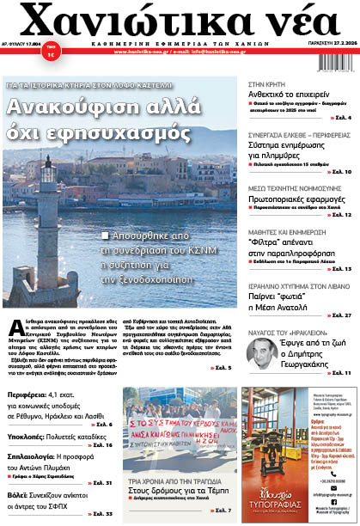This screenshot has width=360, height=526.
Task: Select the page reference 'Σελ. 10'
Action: tap(340, 172)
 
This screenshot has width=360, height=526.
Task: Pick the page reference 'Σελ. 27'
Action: tap(340, 315)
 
